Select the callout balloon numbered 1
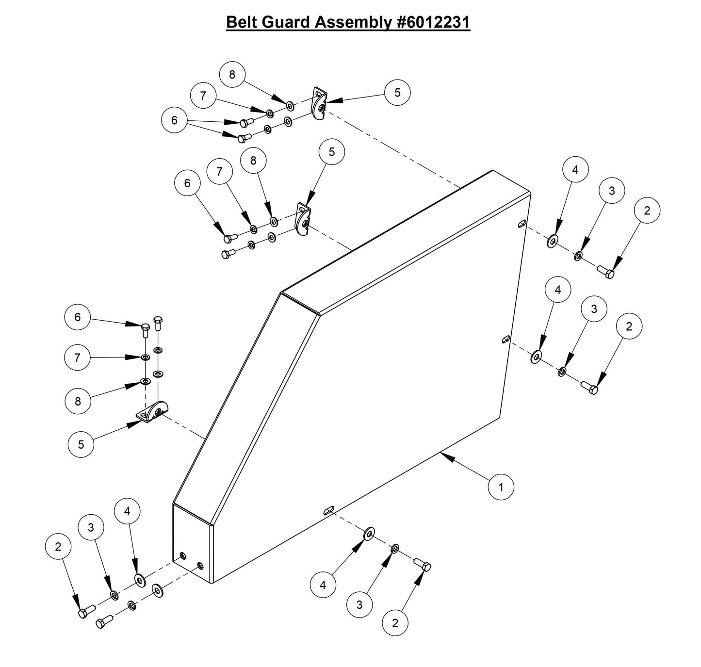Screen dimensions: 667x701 pyautogui.click(x=501, y=486)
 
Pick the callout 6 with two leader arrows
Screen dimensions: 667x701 pyautogui.click(x=175, y=120)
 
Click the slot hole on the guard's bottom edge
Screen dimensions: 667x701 pyautogui.click(x=329, y=509)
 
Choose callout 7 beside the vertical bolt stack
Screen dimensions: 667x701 pyautogui.click(x=78, y=358)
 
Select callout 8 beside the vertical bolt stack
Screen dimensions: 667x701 pyautogui.click(x=78, y=401)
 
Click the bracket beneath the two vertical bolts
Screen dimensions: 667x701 pyautogui.click(x=152, y=412)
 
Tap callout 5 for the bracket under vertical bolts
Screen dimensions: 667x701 pyautogui.click(x=81, y=444)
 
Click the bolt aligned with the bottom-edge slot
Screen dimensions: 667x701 pyautogui.click(x=423, y=565)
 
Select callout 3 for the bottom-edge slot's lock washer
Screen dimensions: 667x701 pyautogui.click(x=359, y=604)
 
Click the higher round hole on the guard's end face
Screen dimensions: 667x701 pyautogui.click(x=183, y=555)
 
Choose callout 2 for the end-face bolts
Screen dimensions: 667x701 pyautogui.click(x=58, y=547)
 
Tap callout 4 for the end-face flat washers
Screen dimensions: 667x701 pyautogui.click(x=128, y=511)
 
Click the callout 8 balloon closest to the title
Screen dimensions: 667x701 pyautogui.click(x=232, y=74)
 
